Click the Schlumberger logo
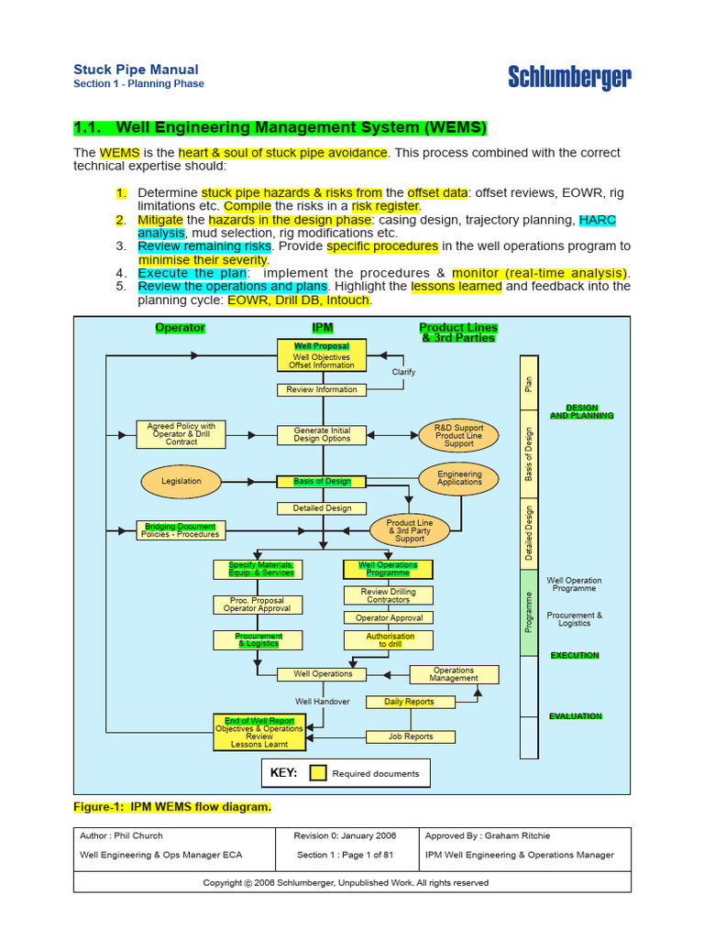569,78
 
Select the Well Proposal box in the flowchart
322,355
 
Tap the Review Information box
322,389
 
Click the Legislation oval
181,481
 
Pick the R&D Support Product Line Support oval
458,435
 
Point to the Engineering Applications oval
459,478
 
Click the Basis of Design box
322,481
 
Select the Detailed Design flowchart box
322,508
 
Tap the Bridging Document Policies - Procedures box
180,530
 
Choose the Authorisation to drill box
390,640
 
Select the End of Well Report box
259,733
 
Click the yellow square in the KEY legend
317,773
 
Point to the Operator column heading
181,328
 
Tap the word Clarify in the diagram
403,372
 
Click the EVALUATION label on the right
576,716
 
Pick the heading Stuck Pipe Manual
136,70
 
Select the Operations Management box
454,674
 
